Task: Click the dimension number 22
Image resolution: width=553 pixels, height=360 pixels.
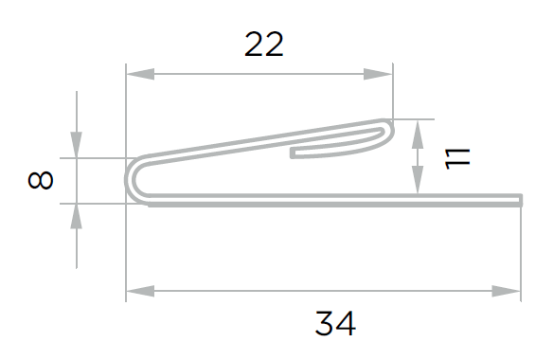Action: click(264, 45)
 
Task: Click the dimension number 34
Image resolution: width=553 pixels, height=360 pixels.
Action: click(335, 323)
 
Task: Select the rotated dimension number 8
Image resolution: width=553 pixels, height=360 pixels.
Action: click(40, 180)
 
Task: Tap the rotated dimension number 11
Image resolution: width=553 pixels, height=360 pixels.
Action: click(457, 159)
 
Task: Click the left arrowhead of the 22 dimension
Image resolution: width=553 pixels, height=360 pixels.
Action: click(140, 74)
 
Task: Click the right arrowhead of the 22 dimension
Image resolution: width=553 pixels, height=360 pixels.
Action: click(378, 74)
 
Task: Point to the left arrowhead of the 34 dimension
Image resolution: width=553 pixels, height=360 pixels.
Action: click(140, 291)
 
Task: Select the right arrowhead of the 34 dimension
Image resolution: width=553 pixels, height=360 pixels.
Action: click(506, 291)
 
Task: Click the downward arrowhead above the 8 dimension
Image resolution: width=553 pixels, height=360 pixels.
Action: click(76, 145)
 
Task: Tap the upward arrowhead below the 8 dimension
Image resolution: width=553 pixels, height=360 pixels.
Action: click(76, 216)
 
